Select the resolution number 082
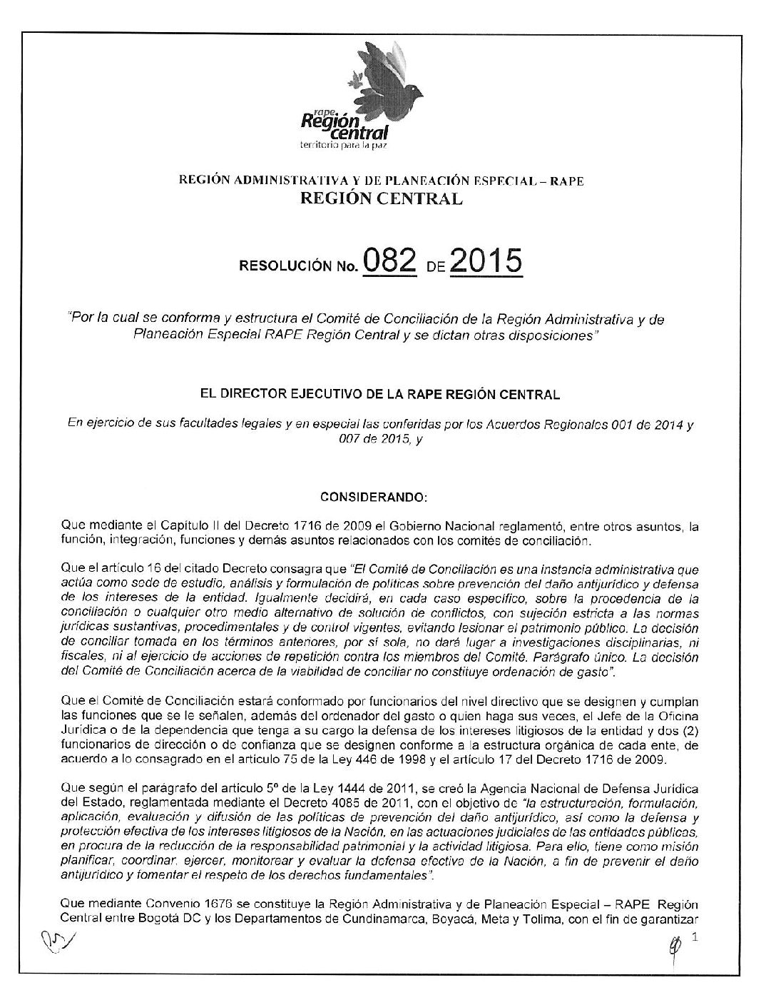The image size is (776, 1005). [389, 261]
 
